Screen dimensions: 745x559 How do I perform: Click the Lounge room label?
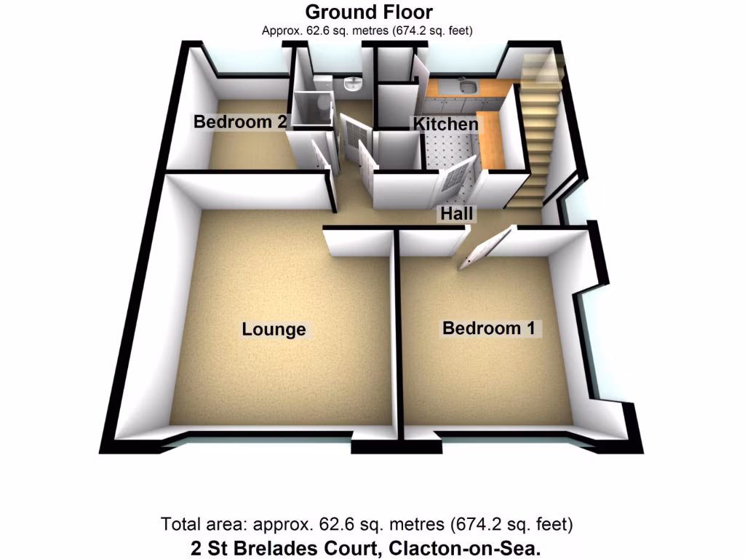(274, 330)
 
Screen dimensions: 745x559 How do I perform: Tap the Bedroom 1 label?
(488, 328)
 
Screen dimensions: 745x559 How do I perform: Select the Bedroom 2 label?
(239, 122)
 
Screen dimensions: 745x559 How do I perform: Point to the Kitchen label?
(446, 124)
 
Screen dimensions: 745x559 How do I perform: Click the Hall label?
(457, 214)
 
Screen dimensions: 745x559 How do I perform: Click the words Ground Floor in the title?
(368, 12)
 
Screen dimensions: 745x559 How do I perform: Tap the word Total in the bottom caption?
(180, 524)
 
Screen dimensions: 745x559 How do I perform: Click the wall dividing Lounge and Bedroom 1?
(397, 335)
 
